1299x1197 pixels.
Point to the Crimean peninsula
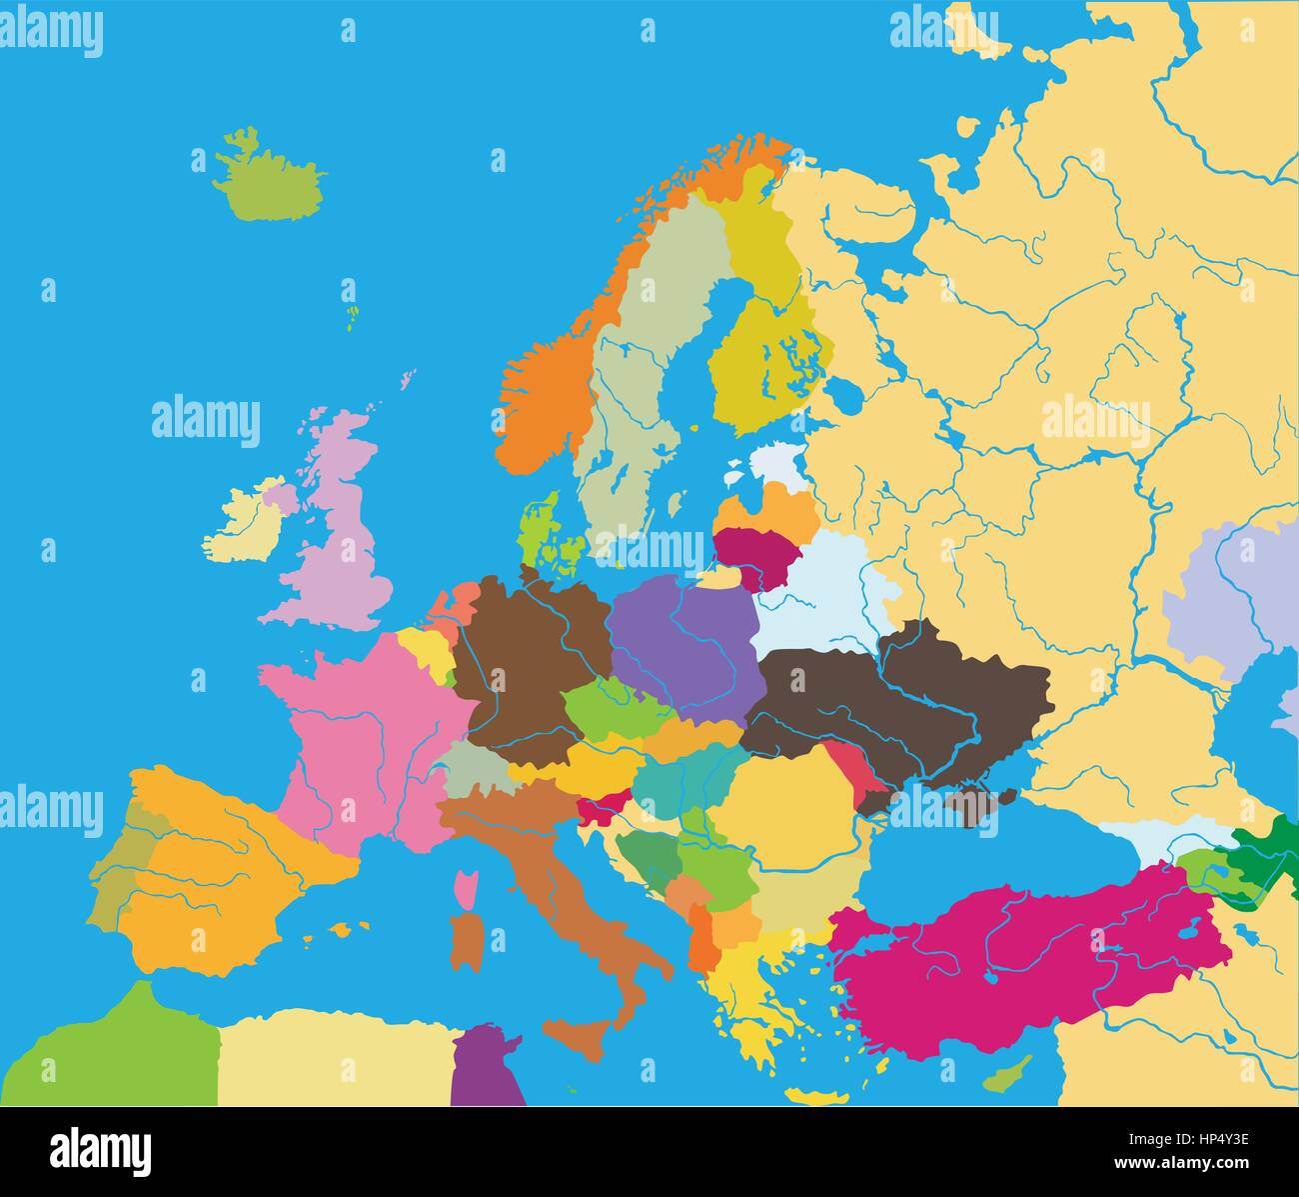pos(974,805)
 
